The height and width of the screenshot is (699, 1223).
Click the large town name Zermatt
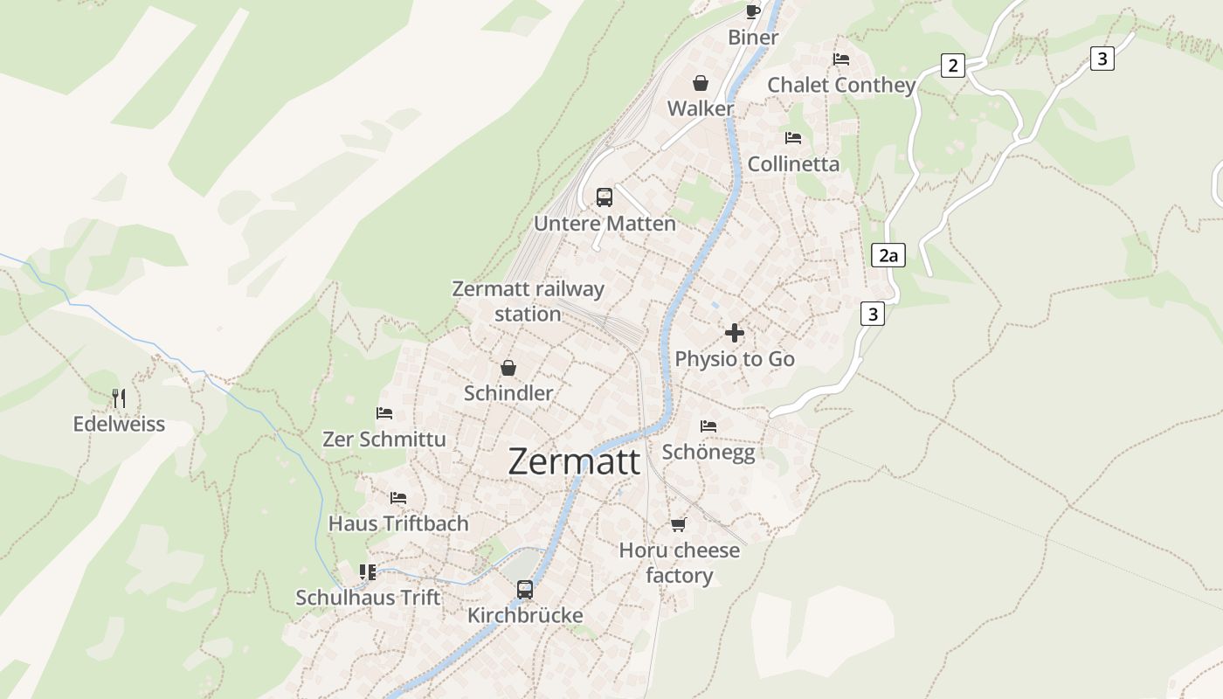point(574,461)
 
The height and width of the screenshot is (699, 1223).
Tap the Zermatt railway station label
point(528,301)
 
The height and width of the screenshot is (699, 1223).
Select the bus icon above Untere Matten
point(605,197)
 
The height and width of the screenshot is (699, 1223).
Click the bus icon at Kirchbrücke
point(525,590)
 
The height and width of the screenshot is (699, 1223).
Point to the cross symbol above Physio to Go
point(735,333)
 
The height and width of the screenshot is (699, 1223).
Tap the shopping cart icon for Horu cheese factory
point(679,524)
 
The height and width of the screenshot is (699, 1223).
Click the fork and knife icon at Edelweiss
point(119,398)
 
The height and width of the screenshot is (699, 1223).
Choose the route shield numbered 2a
point(888,255)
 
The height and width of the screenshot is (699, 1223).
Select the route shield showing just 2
point(952,65)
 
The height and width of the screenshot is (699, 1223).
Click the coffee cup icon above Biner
point(752,11)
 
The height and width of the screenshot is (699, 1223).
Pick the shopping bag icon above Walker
point(701,83)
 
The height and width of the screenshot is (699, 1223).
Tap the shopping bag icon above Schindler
point(508,368)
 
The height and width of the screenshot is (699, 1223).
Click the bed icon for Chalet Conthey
point(841,59)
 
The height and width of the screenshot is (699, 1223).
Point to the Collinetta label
point(793,163)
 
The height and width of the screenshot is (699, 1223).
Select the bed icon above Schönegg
point(708,426)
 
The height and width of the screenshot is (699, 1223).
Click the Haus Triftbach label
point(398,523)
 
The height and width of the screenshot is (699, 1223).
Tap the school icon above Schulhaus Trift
point(368,572)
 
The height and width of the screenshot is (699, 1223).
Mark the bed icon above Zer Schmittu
point(384,413)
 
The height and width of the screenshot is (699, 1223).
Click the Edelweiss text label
point(119,424)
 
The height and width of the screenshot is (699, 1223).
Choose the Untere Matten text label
point(605,223)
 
